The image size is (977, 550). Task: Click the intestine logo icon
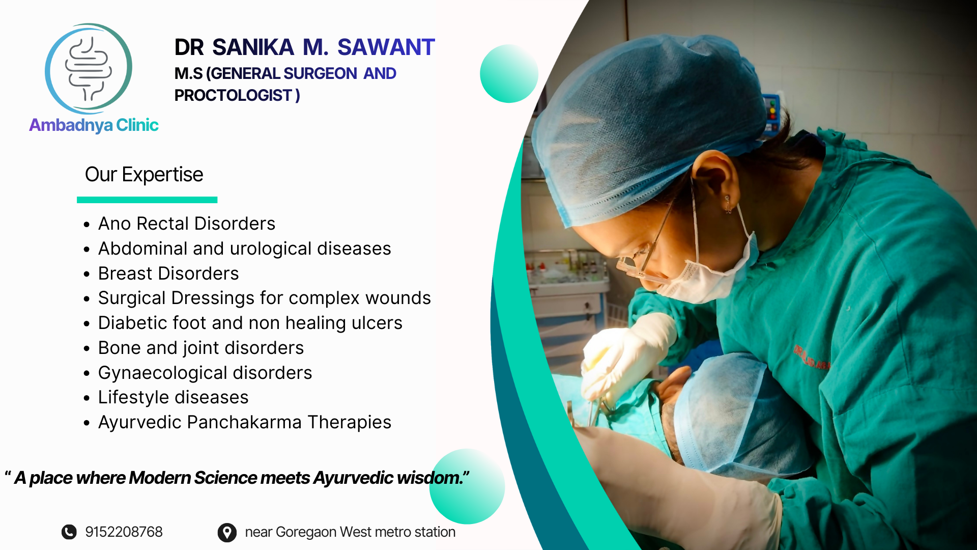tap(89, 68)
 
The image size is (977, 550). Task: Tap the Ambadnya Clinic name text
tap(94, 125)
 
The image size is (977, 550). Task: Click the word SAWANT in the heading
tap(386, 47)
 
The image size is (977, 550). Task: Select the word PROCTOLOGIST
tap(233, 95)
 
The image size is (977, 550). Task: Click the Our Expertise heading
tap(144, 175)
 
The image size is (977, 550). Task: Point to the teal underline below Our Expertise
tap(147, 200)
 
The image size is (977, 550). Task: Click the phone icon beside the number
tap(69, 532)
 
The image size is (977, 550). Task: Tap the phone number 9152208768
tap(124, 532)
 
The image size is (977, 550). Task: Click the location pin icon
tap(227, 533)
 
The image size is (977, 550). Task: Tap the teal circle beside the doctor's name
tap(509, 74)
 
